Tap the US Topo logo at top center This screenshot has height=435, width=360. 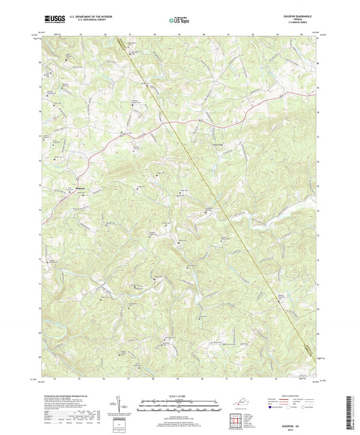(x=179, y=20)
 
